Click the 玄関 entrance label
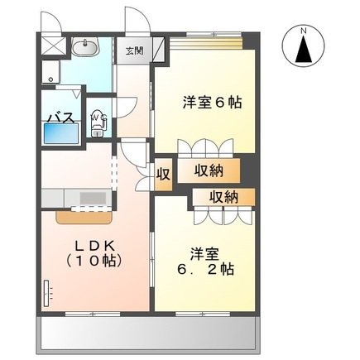point(132,50)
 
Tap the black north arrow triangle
point(304,51)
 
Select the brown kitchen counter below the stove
point(85,216)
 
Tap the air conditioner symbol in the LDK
point(47,291)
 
